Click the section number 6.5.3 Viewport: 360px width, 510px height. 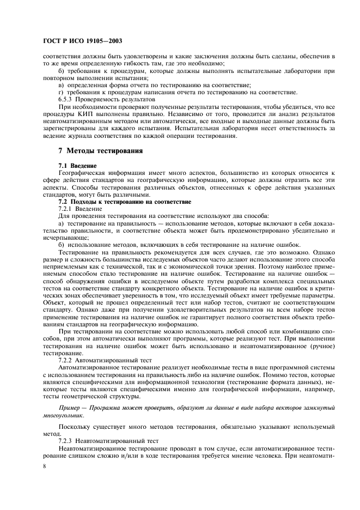(x=66, y=100)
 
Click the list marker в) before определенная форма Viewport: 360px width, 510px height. (x=62, y=86)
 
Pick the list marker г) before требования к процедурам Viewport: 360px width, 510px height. (x=61, y=93)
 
